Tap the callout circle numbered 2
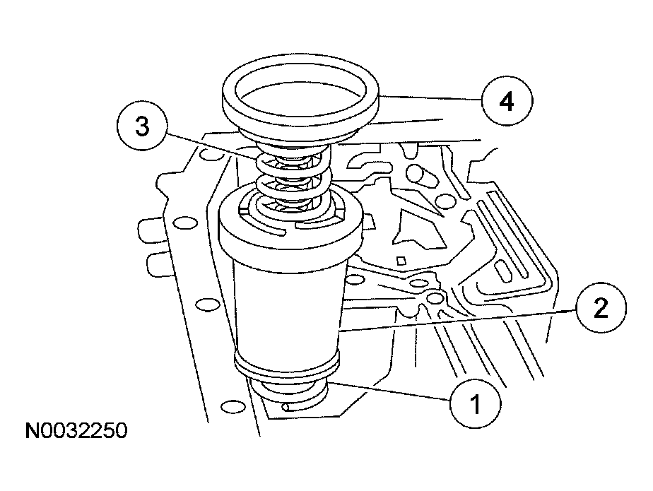(600, 309)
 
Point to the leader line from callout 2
(459, 320)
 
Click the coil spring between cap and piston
(290, 180)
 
